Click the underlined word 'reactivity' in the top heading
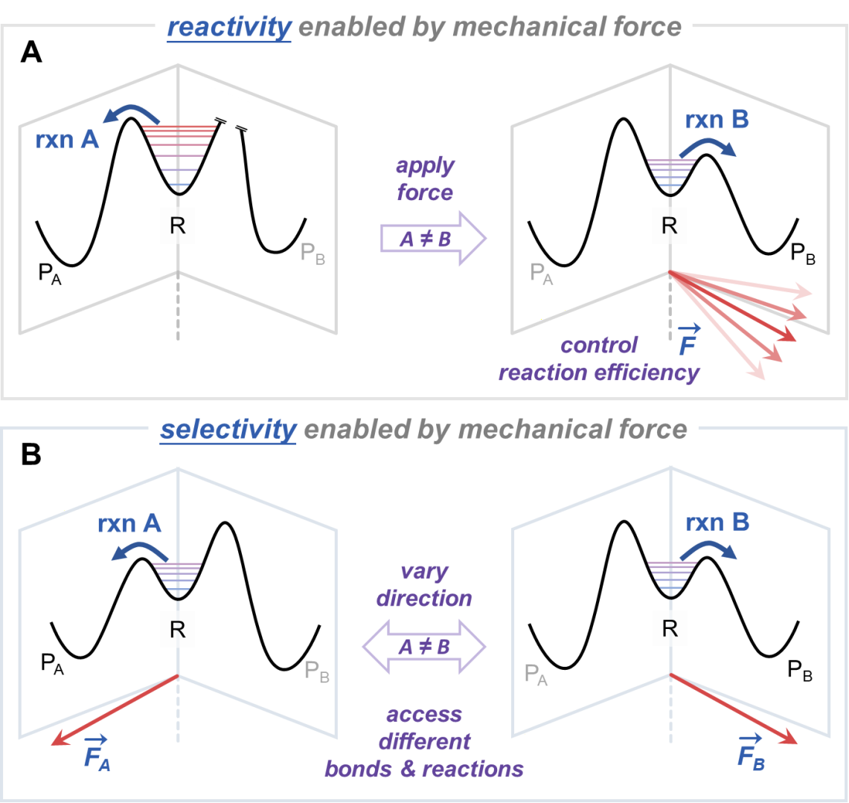(x=229, y=28)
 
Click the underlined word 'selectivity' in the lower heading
(x=228, y=429)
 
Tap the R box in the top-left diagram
(x=178, y=226)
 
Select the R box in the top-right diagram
(x=670, y=226)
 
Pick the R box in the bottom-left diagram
(x=178, y=630)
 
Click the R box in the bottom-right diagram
(x=670, y=630)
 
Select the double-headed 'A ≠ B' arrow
(x=424, y=646)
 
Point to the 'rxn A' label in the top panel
(x=67, y=140)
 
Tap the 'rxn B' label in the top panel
(x=717, y=120)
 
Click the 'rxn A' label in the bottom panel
(x=129, y=524)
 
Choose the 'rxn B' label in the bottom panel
(x=717, y=523)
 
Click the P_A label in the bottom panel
(x=536, y=674)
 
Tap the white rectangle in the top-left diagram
(x=232, y=112)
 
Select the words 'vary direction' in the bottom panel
(x=424, y=585)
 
